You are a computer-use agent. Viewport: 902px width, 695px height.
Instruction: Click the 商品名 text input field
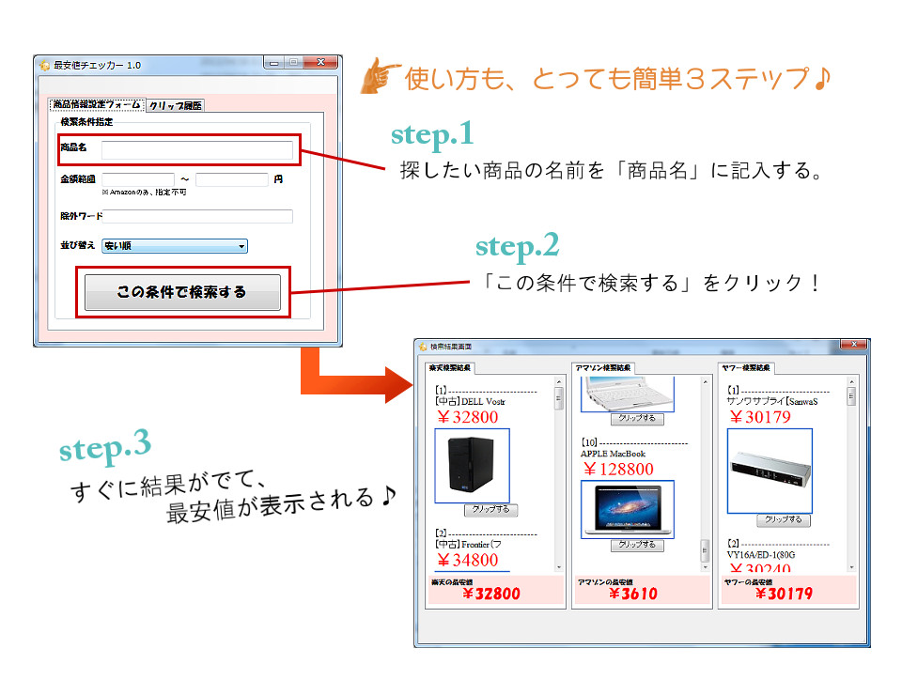point(197,150)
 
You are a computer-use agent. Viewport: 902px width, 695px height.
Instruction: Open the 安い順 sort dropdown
point(175,246)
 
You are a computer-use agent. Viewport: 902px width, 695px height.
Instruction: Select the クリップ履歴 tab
point(175,106)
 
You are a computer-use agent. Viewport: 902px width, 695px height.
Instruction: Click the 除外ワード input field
point(197,216)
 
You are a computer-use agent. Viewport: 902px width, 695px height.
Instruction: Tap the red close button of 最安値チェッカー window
point(321,63)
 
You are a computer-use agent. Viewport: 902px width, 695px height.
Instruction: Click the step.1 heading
point(432,134)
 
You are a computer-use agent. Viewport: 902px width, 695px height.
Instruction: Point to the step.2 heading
point(517,246)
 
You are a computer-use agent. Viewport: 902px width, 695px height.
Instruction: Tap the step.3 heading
point(104,447)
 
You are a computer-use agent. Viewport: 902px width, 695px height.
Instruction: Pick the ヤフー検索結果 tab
point(746,367)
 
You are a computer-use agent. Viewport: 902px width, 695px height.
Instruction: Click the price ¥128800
point(617,469)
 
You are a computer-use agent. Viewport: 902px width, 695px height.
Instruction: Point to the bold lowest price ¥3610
point(631,594)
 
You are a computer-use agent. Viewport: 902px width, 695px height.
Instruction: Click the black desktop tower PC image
point(472,466)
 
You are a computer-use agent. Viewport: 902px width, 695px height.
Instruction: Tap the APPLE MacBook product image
point(627,509)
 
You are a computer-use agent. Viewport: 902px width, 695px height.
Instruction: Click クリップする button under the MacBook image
point(637,545)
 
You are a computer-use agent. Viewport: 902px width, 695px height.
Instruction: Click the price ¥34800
point(467,561)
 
